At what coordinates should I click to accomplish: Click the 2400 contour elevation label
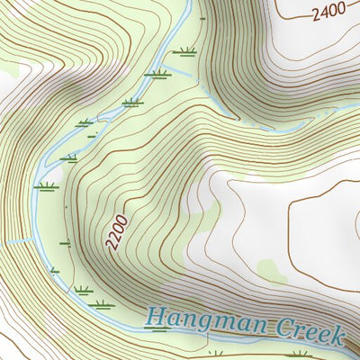pyautogui.click(x=330, y=13)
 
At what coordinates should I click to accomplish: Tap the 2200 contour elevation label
pyautogui.click(x=116, y=232)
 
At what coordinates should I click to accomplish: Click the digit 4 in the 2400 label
pyautogui.click(x=324, y=13)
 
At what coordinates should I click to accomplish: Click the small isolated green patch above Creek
pyautogui.click(x=267, y=267)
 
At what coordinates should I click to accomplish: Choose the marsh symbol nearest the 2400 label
pyautogui.click(x=188, y=50)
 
